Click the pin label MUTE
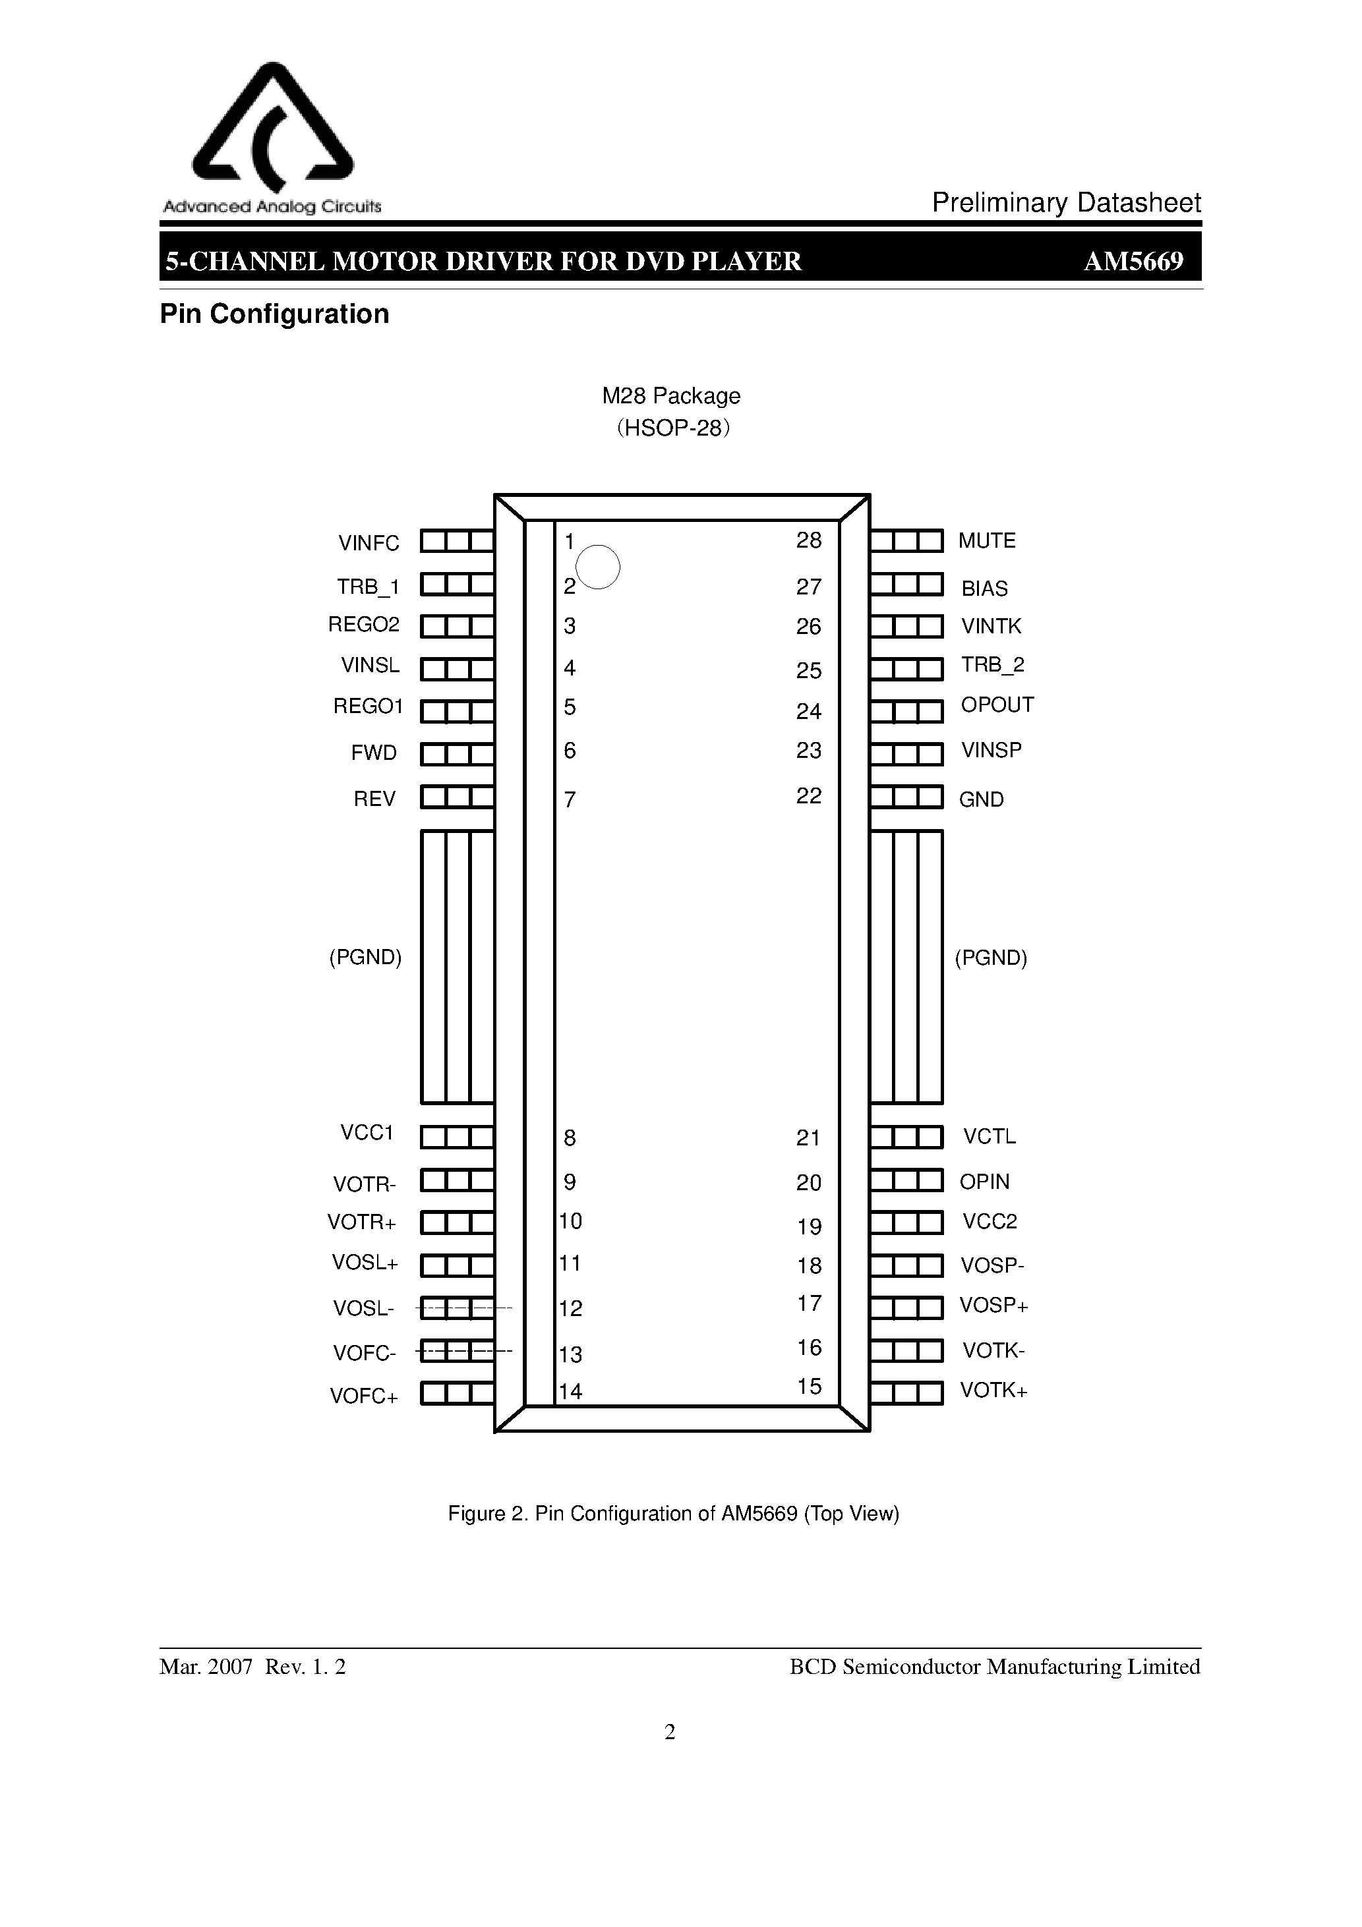[x=987, y=540]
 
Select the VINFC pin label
[x=369, y=543]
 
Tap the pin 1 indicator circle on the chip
[x=599, y=567]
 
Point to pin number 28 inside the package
[x=809, y=540]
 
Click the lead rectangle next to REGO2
[x=457, y=627]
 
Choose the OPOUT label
[x=997, y=705]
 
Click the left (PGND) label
[x=365, y=957]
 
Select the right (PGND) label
[x=991, y=958]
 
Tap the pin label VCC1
[x=367, y=1133]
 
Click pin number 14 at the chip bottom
[x=571, y=1391]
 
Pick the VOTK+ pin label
[x=993, y=1391]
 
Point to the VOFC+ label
[x=364, y=1396]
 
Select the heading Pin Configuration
[x=275, y=314]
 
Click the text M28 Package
[x=671, y=395]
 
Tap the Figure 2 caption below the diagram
[x=674, y=1513]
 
